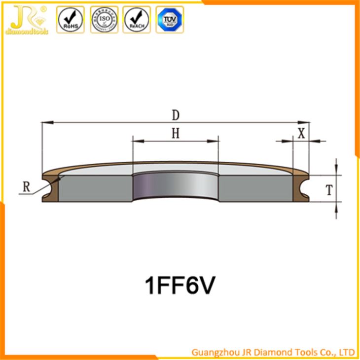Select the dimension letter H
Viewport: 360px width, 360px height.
175,134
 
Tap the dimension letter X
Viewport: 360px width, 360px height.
301,132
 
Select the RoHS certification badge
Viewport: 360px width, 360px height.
71,20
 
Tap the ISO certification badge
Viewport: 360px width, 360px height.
104,20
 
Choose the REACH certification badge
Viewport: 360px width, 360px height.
136,20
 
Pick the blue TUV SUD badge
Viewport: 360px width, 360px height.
169,20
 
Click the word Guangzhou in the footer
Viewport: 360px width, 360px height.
213,352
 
